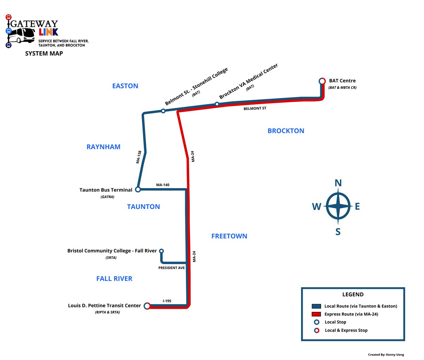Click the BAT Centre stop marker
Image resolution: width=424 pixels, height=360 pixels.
(x=322, y=81)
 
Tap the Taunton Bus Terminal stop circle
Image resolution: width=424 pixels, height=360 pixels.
(x=138, y=190)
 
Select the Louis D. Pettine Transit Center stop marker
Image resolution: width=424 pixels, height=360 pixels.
(x=147, y=306)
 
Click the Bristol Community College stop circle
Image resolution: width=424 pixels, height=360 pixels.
(x=161, y=251)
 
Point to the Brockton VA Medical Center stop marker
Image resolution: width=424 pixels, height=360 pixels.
(x=217, y=104)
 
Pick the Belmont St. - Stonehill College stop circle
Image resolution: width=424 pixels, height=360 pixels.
(x=163, y=111)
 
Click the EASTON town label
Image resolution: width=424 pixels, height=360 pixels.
(x=125, y=86)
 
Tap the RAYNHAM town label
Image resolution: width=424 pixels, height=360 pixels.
(x=104, y=147)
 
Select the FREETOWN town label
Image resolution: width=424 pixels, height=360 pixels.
(x=229, y=236)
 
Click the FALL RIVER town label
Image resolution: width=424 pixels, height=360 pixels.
(x=114, y=279)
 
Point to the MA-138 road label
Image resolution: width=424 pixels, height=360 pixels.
(x=139, y=157)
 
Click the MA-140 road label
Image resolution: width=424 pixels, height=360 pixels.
(x=163, y=185)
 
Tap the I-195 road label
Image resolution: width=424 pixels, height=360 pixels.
(x=167, y=301)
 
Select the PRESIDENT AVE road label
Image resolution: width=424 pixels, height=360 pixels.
(x=171, y=268)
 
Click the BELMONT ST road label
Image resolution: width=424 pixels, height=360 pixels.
(x=255, y=109)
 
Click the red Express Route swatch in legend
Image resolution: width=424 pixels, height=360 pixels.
(x=316, y=314)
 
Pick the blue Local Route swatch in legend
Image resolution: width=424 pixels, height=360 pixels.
(x=316, y=306)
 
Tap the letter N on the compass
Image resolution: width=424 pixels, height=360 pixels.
(x=338, y=183)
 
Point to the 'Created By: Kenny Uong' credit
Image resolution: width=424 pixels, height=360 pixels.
(x=386, y=355)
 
